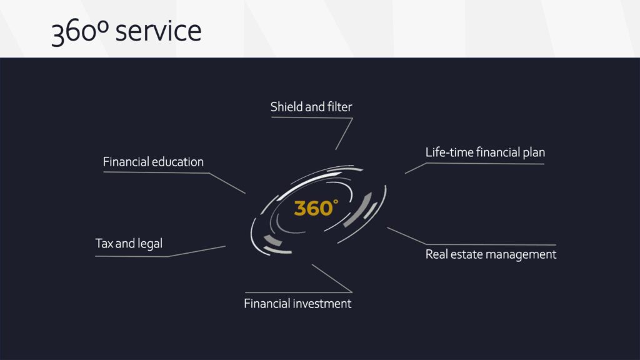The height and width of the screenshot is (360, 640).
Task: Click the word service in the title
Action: [x=158, y=31]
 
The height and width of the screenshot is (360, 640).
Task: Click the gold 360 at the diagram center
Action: [x=314, y=208]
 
